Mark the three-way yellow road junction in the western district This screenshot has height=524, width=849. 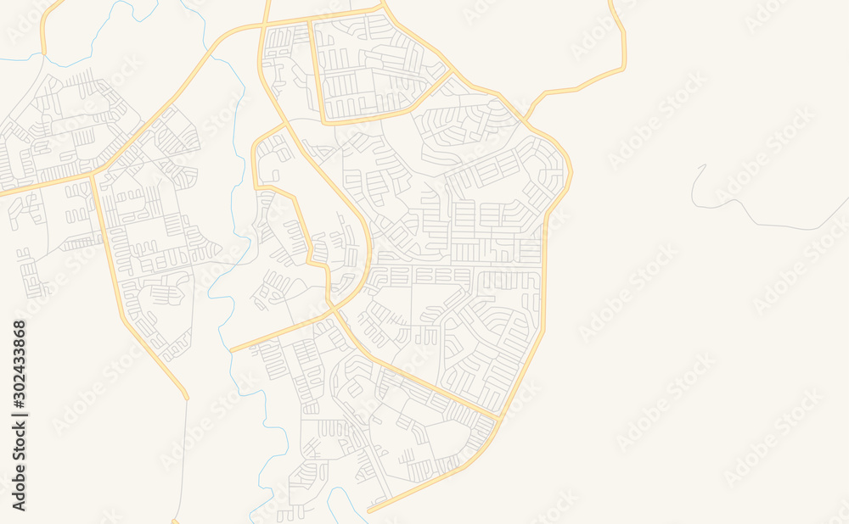[93, 175]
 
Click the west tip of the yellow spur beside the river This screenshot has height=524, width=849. [231, 350]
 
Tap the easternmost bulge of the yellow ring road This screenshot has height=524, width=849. [571, 174]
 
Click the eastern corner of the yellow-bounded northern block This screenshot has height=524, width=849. [451, 74]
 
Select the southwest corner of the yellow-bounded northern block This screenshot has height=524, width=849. [324, 121]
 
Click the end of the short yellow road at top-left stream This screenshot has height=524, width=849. [42, 53]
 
